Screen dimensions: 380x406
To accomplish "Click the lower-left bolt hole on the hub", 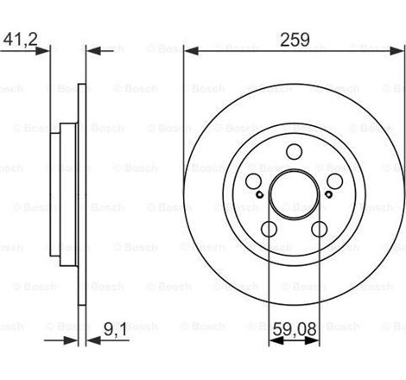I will point(269,229).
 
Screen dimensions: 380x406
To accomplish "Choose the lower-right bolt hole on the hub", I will point(319,229).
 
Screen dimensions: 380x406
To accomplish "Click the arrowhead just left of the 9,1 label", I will point(92,340).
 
